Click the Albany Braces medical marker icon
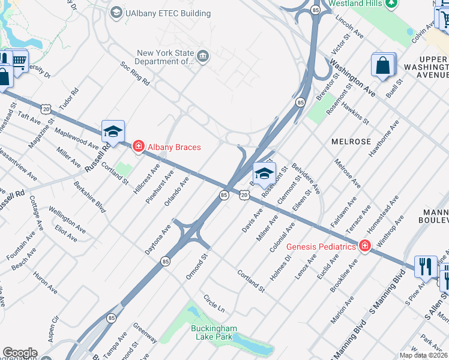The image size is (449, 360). [x=138, y=146]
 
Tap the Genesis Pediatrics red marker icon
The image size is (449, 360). [x=364, y=246]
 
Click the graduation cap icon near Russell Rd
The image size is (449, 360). [x=113, y=133]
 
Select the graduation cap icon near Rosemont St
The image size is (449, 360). [x=264, y=175]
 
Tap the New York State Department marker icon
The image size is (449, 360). [x=203, y=57]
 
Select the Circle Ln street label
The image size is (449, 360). [x=214, y=303]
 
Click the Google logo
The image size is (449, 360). [x=20, y=353]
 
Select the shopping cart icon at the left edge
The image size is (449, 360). [x=19, y=60]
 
